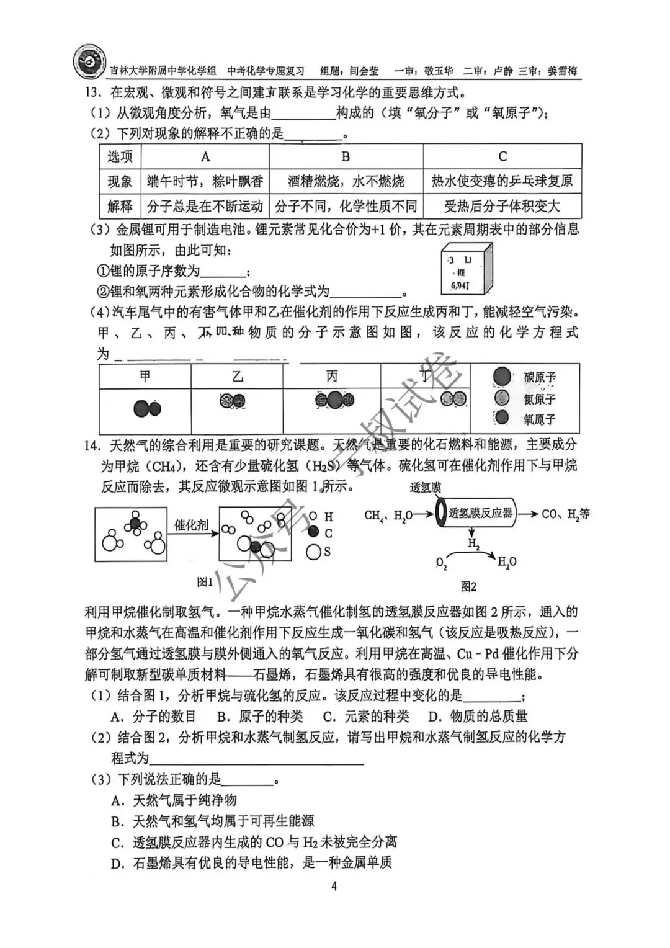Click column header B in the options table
point(346,157)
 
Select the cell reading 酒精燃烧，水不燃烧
point(346,181)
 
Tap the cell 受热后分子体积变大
point(502,206)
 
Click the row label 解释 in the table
point(120,206)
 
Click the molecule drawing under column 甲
point(147,408)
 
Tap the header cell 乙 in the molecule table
point(237,377)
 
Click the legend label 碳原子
point(539,377)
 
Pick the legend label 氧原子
point(539,419)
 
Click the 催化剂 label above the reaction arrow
point(192,525)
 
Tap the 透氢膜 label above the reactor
point(425,488)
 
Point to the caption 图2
point(468,586)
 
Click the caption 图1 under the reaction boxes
point(205,582)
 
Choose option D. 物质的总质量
point(478,717)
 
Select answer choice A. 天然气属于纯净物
point(174,800)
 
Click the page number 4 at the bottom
point(334,886)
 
